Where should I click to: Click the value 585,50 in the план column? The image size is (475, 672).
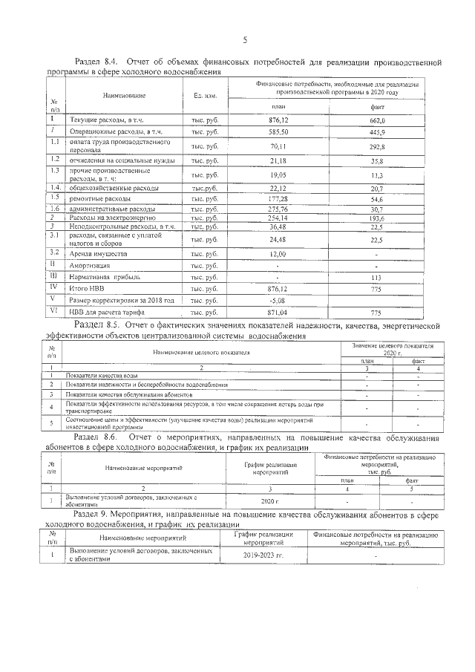[278, 131]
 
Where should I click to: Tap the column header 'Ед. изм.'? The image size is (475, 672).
[205, 96]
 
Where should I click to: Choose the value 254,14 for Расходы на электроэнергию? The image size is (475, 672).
[278, 219]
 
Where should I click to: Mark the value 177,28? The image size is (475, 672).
[278, 200]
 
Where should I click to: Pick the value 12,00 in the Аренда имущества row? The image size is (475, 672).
[278, 253]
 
